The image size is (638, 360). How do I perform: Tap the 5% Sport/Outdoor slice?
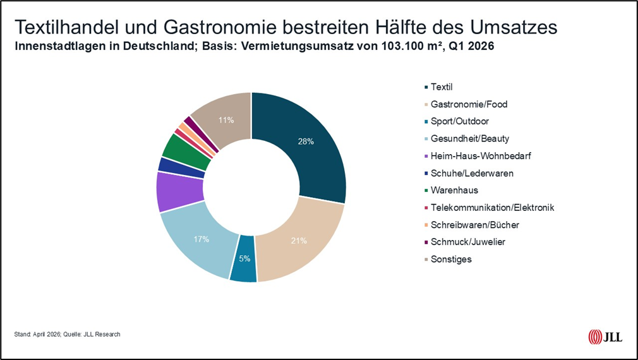244,259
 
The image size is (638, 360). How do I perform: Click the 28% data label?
306,141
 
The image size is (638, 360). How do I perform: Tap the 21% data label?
299,241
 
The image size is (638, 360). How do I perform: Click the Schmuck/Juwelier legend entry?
459,242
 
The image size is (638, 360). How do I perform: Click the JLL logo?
605,337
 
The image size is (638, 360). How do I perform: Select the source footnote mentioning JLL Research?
67,334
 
